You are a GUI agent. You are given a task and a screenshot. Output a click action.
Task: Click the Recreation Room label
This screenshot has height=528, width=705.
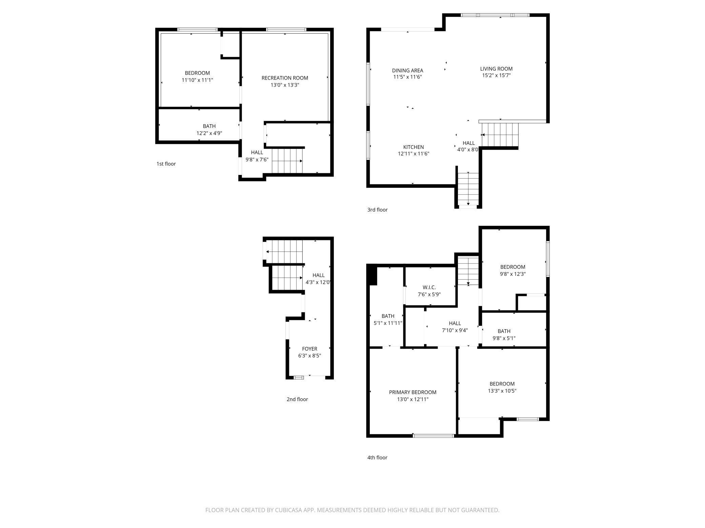coord(285,78)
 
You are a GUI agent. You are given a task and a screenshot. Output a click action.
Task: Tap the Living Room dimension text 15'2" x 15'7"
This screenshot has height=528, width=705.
coord(496,75)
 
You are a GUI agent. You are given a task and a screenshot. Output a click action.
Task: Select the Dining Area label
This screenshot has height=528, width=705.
coord(407,70)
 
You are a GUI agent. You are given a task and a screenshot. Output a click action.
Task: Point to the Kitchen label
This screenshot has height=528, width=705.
coord(414,147)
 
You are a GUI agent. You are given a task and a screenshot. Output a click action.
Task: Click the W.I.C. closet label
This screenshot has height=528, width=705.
coord(429,287)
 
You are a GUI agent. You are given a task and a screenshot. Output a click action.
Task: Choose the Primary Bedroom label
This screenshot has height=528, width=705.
coord(412,392)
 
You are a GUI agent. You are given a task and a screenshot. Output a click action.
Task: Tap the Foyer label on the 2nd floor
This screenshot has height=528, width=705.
coord(309,349)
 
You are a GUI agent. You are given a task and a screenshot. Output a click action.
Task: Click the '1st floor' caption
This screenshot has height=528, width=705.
coord(166,164)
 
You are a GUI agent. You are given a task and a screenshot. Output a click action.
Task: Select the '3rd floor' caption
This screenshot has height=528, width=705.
coord(377,210)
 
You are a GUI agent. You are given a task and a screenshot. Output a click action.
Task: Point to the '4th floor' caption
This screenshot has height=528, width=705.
coord(377,458)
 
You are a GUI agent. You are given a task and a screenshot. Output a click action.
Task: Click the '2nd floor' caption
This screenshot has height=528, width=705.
coord(297,399)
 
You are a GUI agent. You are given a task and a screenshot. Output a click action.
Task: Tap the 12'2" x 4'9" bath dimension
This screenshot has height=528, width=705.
coord(209,133)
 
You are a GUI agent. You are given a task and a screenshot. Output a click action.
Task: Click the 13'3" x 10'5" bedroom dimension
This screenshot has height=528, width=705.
coord(502,391)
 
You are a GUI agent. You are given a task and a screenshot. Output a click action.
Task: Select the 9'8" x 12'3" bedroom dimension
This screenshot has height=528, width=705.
coord(512,274)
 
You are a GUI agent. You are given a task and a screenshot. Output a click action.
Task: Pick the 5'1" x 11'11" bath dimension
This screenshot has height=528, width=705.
coord(388,323)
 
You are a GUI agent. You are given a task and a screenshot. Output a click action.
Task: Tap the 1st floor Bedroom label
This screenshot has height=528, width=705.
coord(197,73)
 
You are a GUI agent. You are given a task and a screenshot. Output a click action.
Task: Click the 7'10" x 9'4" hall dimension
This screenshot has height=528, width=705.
coord(455,330)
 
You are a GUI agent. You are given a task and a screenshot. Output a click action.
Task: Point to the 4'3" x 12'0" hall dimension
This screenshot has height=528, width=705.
coord(318,282)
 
